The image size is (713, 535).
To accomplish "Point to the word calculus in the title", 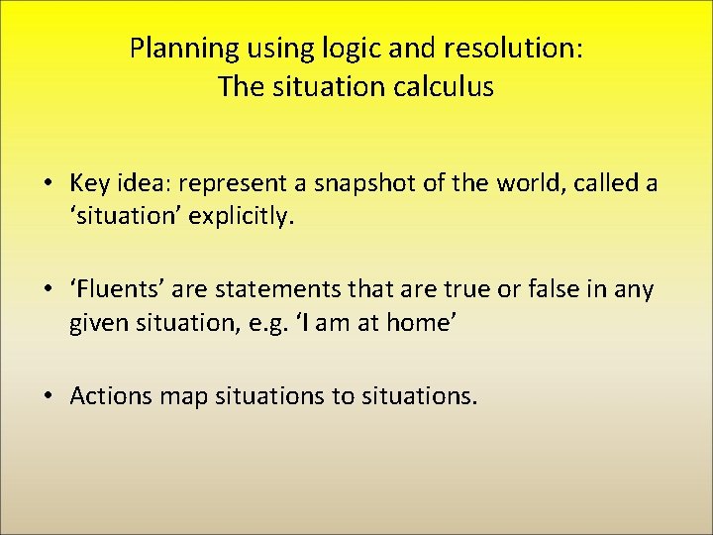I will tap(444, 87).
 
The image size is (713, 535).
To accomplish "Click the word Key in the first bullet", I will tap(87, 184).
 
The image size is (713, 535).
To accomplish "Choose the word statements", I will tap(260, 290).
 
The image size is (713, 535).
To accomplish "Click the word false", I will tap(538, 290).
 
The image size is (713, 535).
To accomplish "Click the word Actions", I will tap(106, 396).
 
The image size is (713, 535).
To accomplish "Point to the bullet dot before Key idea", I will tap(48, 184).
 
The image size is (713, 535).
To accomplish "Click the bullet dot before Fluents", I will tap(48, 290).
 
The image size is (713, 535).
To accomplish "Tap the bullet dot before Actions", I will tap(48, 396).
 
